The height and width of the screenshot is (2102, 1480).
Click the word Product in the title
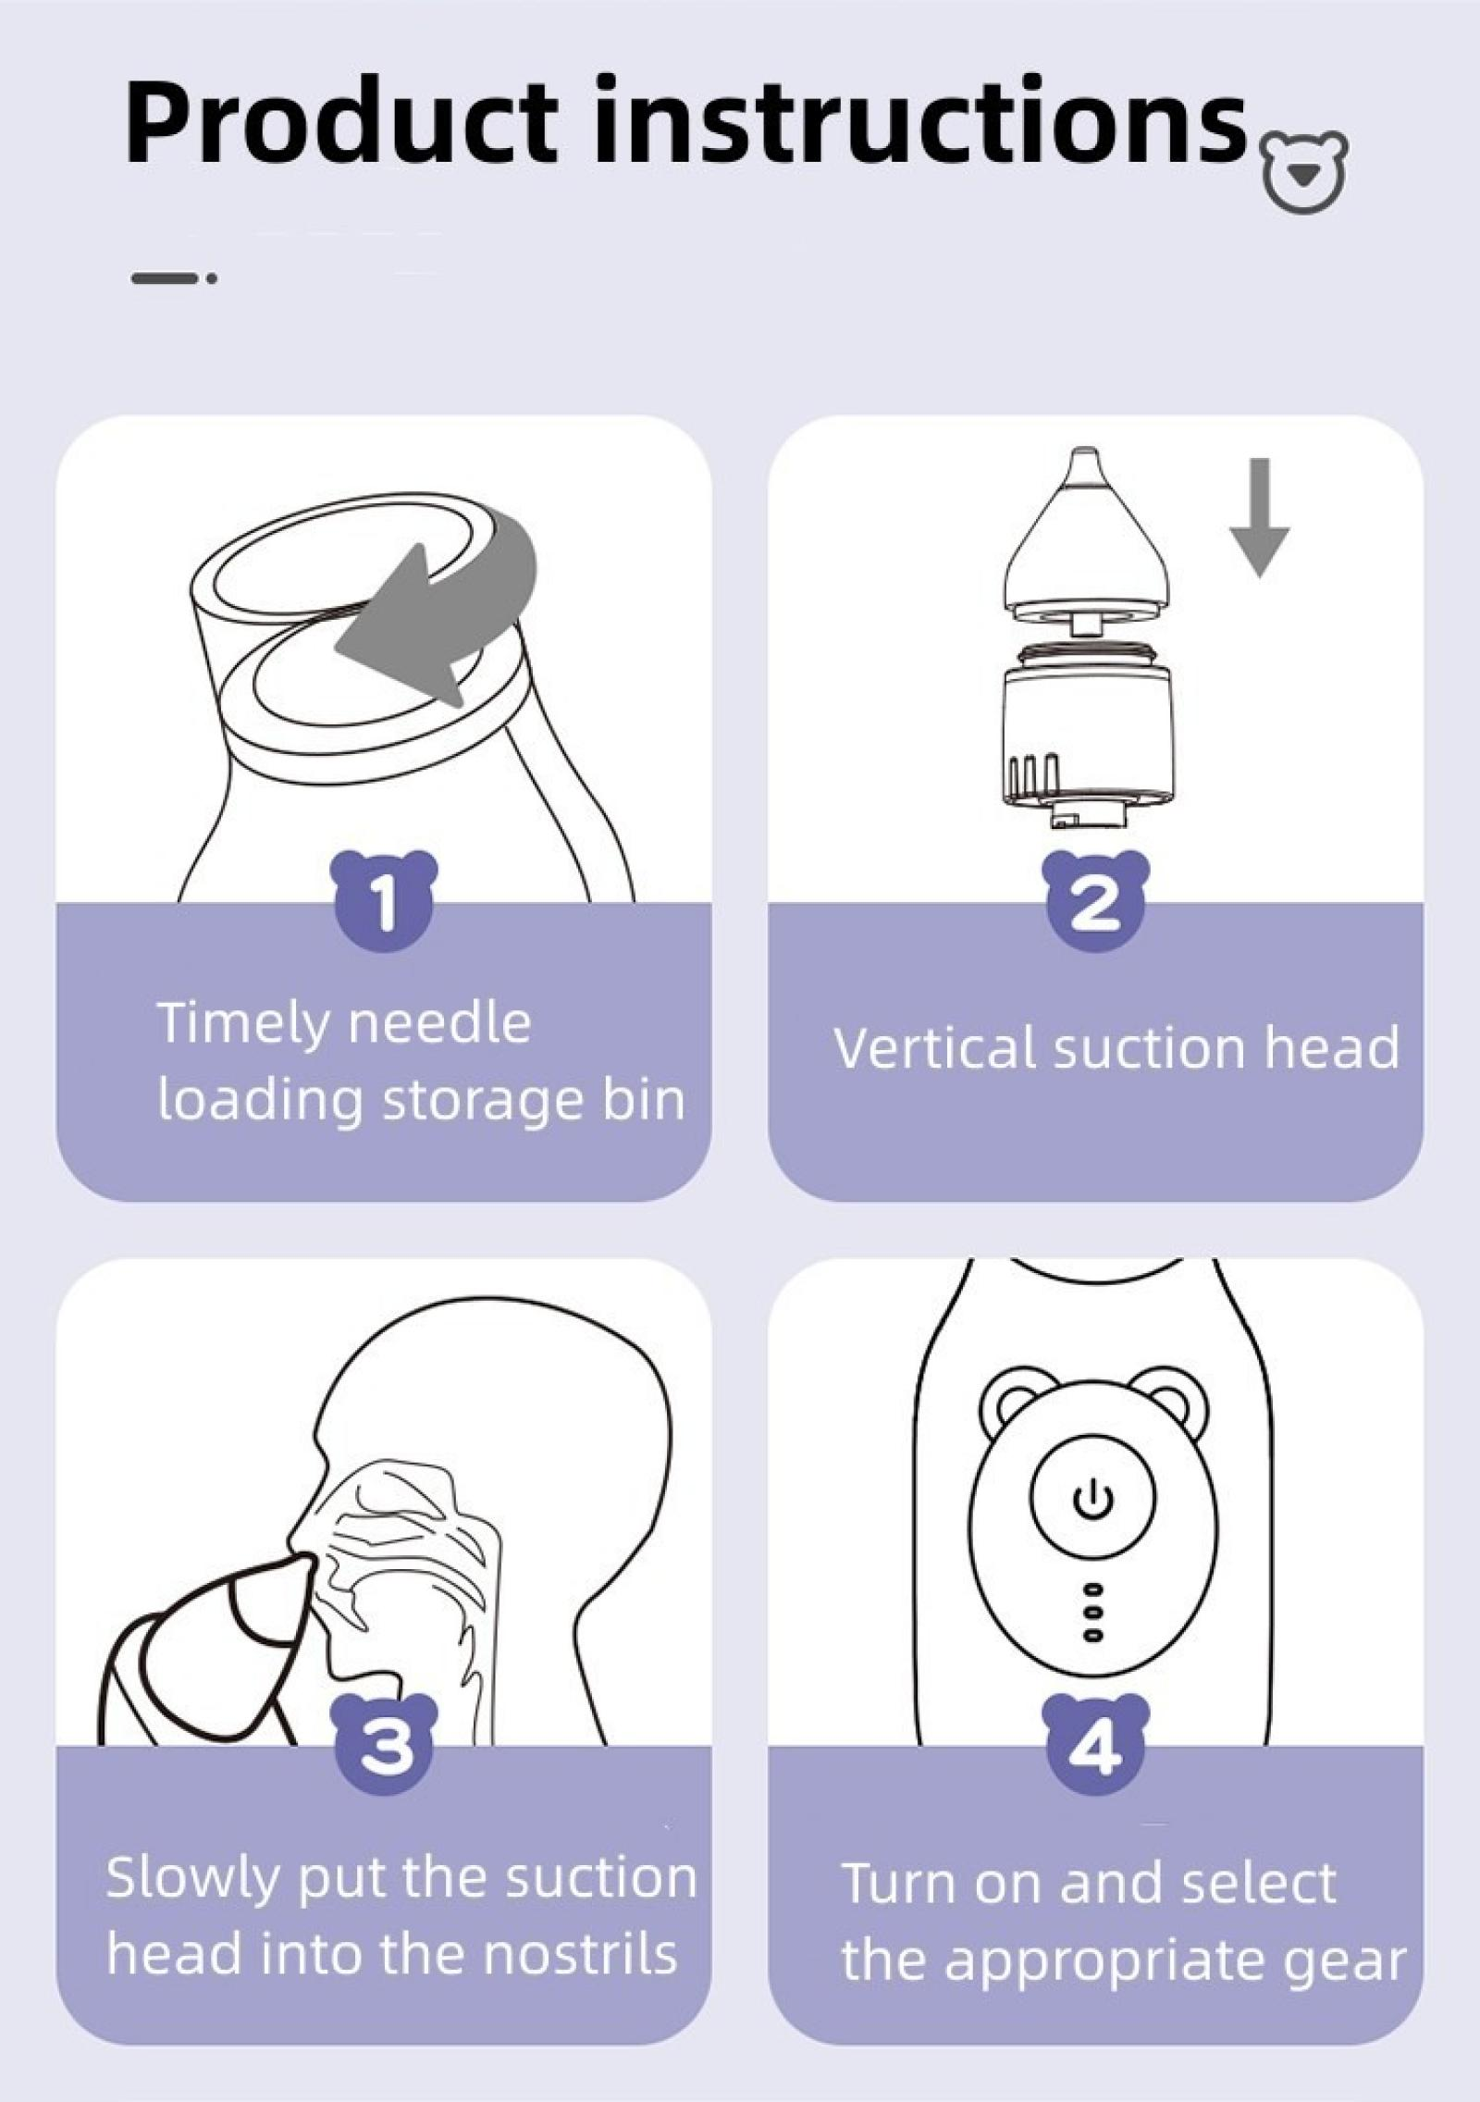point(340,124)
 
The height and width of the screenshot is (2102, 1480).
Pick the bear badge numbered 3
point(385,1748)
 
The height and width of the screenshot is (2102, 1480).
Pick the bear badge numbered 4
point(1095,1748)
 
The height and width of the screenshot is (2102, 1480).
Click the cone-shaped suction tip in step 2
point(1088,541)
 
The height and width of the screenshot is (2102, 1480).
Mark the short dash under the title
point(174,278)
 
